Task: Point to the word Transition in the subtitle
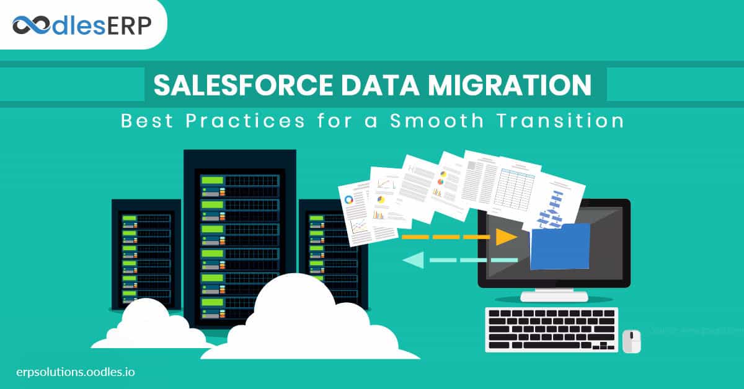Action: point(567,120)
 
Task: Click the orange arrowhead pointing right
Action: point(507,237)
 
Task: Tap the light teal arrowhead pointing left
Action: point(413,260)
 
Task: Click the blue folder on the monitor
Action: point(560,246)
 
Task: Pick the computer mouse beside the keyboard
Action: point(631,341)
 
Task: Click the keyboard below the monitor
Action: point(551,329)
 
